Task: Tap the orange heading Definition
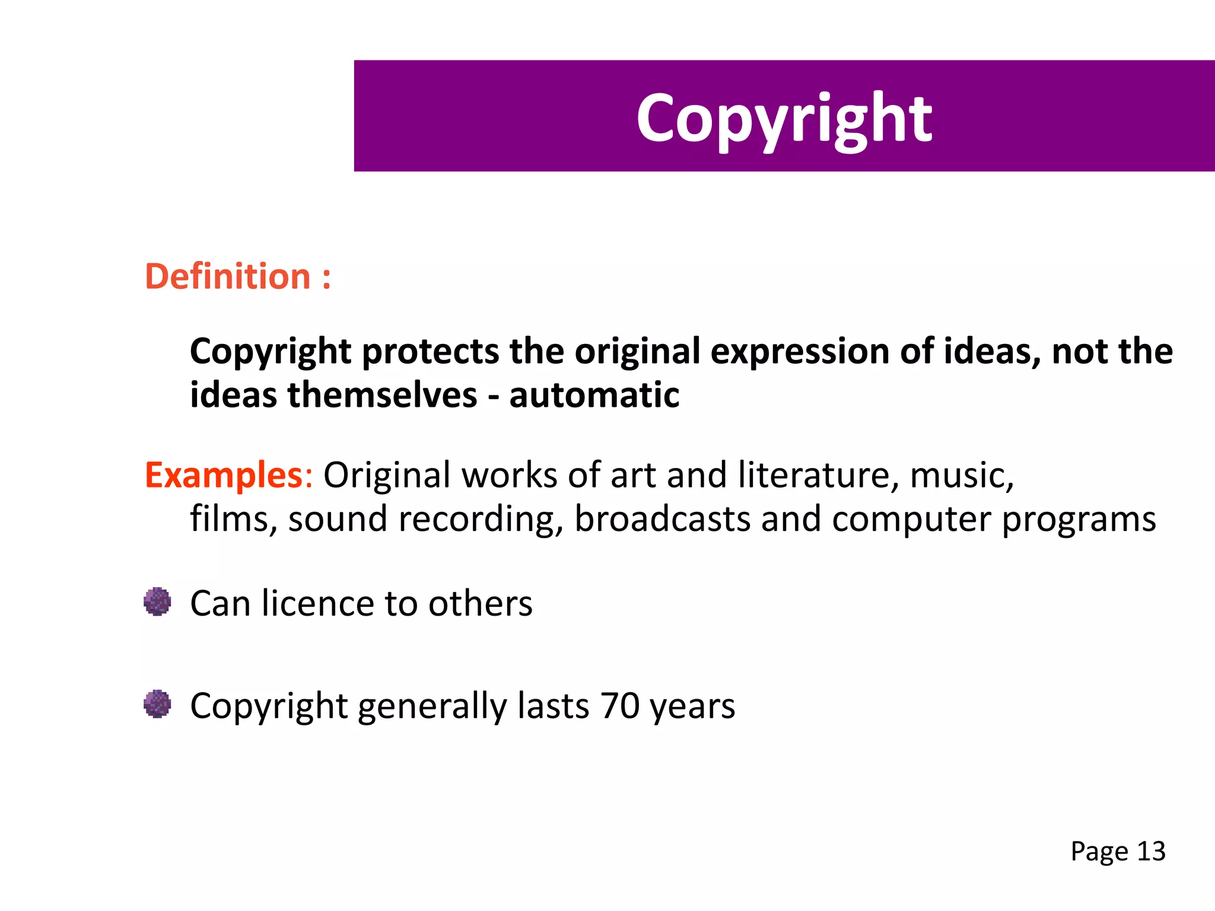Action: click(x=228, y=277)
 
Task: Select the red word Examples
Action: click(x=224, y=475)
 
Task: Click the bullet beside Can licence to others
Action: click(x=157, y=602)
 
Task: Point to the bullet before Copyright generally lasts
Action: click(x=157, y=704)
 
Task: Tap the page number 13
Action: click(x=1151, y=852)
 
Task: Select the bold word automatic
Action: click(x=594, y=396)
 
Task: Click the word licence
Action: click(x=318, y=604)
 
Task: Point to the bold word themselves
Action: click(x=382, y=396)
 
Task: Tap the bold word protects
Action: click(x=430, y=352)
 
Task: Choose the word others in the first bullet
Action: click(x=480, y=604)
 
